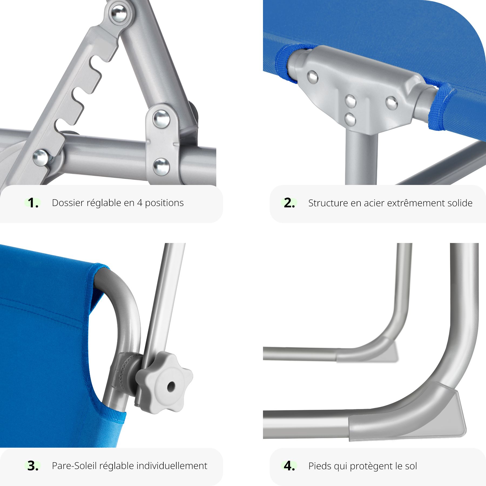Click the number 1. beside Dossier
coord(33,203)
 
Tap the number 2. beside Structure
coord(289,203)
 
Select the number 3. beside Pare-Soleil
coord(33,466)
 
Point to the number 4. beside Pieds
coord(289,466)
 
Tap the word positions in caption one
coord(164,203)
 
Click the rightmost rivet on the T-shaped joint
coord(391,103)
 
